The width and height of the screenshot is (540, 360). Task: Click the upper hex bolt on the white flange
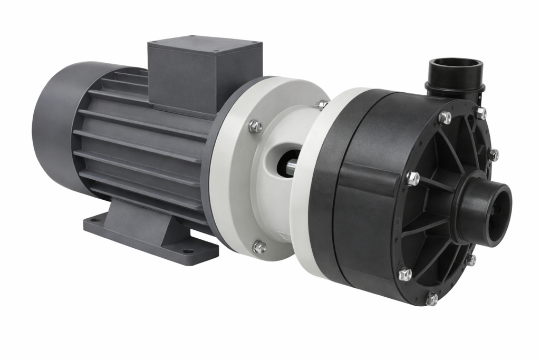click(255, 126)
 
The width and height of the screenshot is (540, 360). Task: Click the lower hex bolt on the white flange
click(258, 246)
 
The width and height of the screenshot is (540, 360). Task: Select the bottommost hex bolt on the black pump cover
click(431, 298)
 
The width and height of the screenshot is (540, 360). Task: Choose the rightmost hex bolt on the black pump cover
click(493, 154)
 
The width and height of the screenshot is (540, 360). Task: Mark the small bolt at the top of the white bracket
click(322, 104)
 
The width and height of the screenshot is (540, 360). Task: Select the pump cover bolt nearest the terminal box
click(445, 117)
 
